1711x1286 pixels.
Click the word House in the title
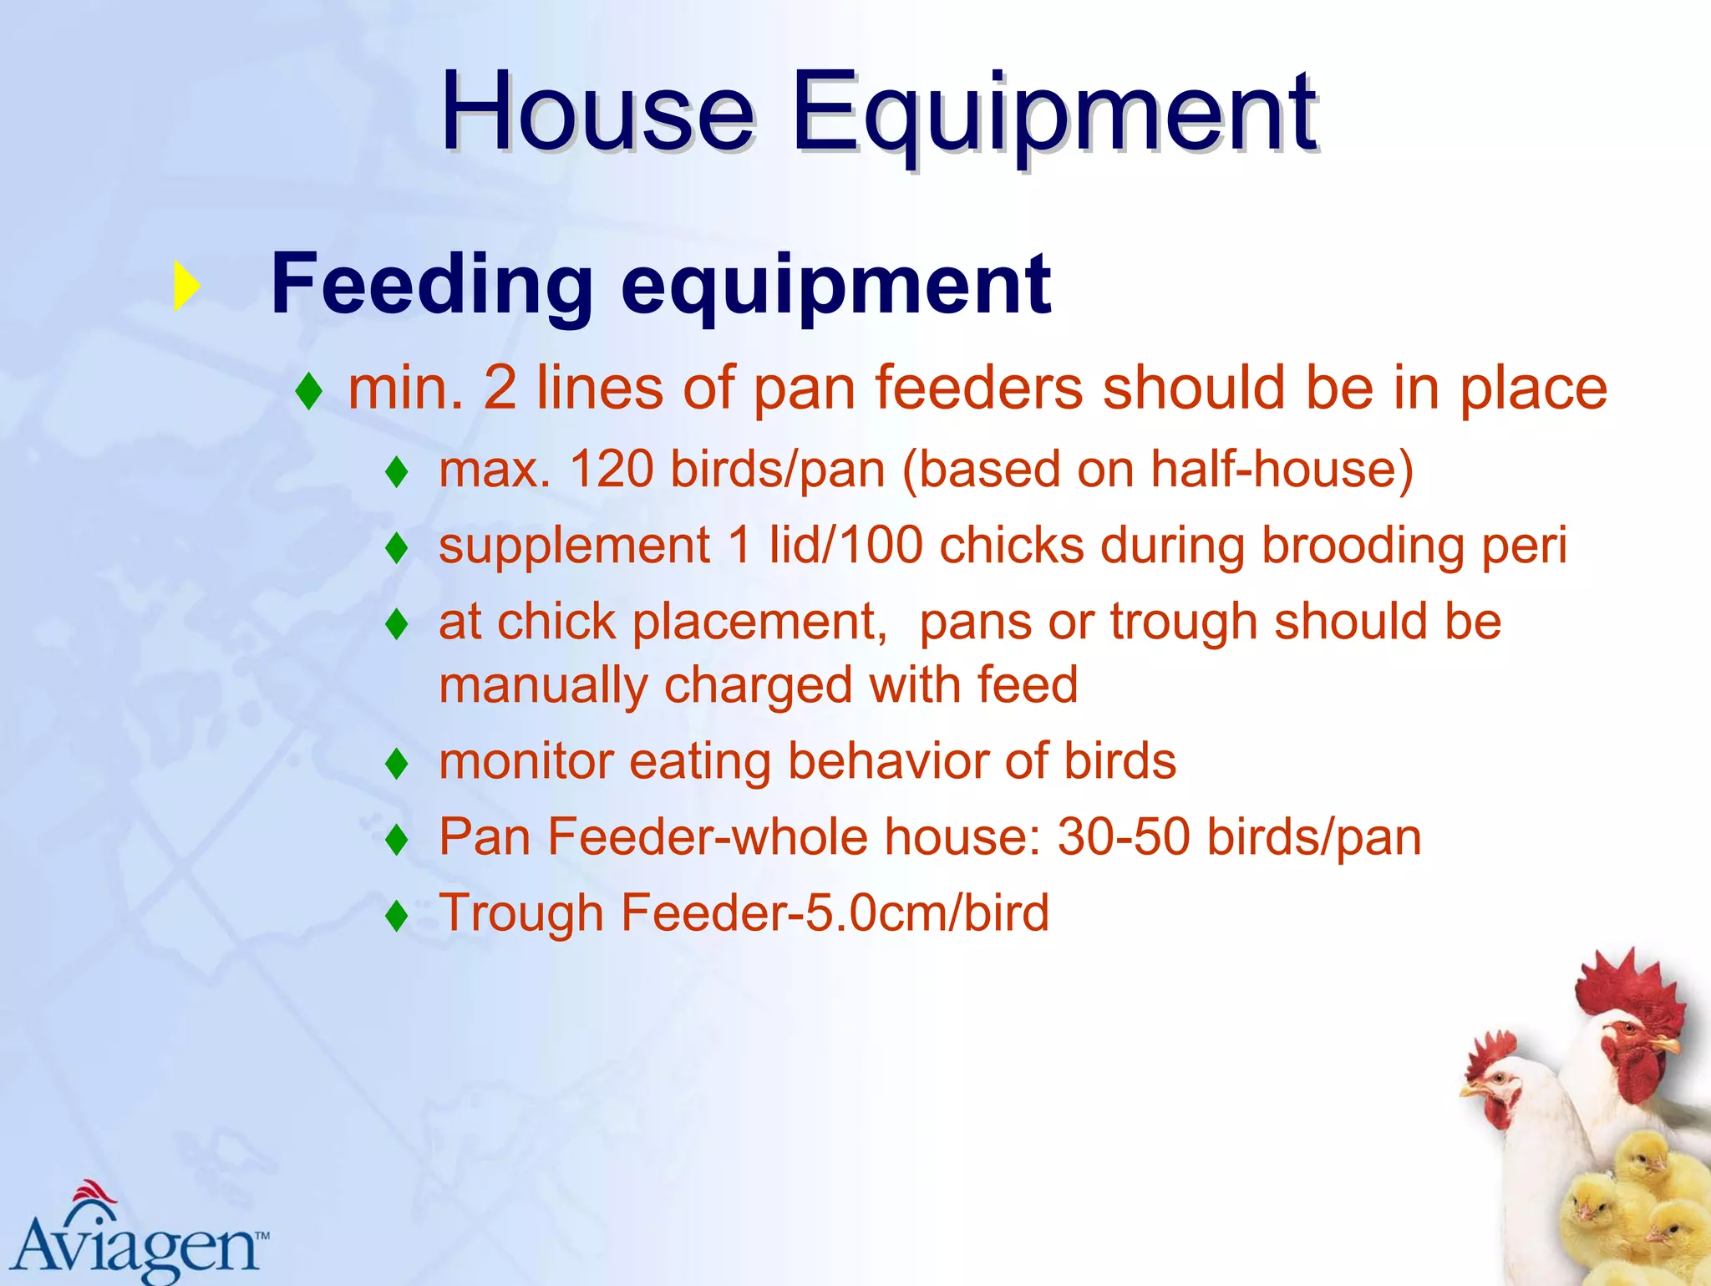[x=597, y=113]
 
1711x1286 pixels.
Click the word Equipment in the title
[x=1054, y=113]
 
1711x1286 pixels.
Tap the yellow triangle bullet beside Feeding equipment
[x=185, y=287]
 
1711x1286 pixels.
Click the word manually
[x=543, y=686]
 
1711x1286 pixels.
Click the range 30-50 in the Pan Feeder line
[x=1123, y=837]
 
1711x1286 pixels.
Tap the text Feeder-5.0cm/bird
[x=835, y=912]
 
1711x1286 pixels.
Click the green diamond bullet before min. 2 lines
[x=309, y=391]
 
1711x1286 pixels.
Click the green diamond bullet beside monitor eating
[x=397, y=763]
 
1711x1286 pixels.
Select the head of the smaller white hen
[x=1495, y=1086]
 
